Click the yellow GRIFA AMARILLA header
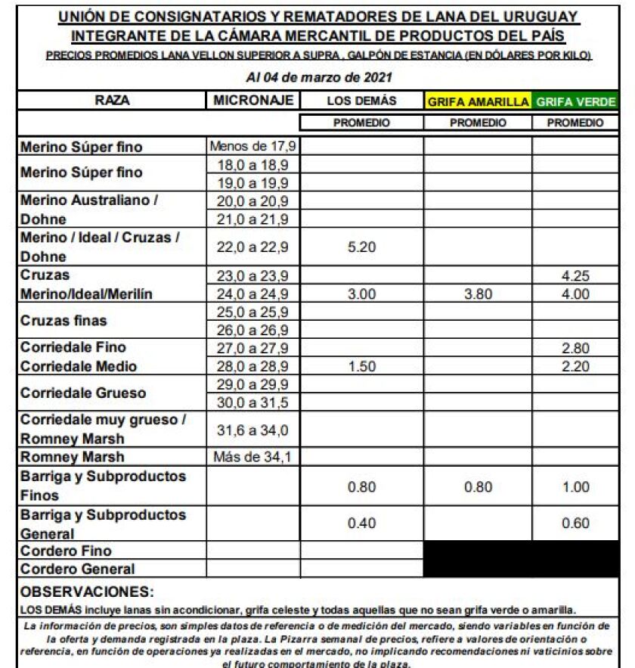pos(478,101)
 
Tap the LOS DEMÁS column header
pos(361,101)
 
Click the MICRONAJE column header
pos(252,100)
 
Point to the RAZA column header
pos(111,100)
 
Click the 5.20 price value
pos(361,247)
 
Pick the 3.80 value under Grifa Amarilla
pos(478,294)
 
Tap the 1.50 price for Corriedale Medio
pos(361,366)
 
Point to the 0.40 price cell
pos(361,524)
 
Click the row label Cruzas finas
pos(63,321)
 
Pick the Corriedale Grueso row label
pos(83,393)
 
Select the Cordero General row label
pos(78,569)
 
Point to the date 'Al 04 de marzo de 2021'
pos(319,78)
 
